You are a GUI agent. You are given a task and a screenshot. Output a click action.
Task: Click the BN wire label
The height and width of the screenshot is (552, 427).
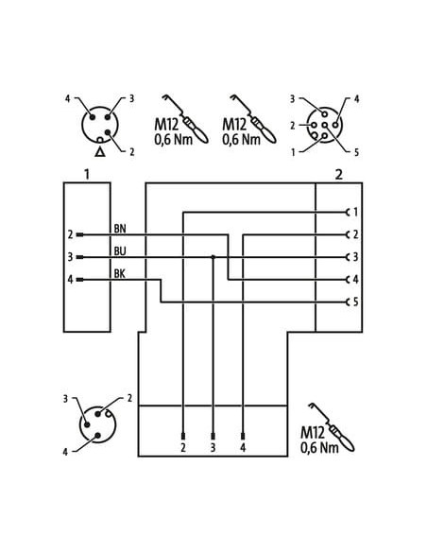[120, 229]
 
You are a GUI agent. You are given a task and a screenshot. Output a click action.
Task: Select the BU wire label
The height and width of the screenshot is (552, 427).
[120, 251]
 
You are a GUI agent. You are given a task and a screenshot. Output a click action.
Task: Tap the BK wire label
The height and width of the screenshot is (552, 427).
[120, 274]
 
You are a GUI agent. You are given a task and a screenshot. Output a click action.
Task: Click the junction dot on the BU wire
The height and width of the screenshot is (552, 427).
[213, 257]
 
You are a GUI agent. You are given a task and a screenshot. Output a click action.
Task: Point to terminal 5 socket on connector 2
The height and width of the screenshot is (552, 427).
[349, 302]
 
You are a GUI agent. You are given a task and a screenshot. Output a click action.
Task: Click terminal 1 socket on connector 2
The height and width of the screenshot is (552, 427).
[349, 212]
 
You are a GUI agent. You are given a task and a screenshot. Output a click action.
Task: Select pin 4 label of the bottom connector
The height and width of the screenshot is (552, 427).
[243, 447]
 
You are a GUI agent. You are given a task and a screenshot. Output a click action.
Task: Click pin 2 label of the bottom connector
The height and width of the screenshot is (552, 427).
[183, 447]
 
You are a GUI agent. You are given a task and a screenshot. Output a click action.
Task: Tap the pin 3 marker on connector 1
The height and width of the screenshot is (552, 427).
[80, 257]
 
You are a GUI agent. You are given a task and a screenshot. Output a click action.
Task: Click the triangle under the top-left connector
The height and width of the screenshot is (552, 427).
[100, 152]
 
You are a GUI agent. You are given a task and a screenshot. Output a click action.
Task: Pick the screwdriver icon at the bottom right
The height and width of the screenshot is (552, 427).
[332, 426]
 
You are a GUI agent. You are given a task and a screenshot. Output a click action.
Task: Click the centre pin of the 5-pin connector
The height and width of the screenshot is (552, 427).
[325, 125]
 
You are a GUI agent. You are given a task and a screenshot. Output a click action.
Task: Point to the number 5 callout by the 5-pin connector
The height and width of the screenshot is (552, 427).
[356, 152]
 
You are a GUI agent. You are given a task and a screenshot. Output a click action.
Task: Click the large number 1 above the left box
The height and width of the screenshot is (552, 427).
[87, 174]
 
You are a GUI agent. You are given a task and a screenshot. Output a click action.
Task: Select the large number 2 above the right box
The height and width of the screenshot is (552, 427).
[338, 175]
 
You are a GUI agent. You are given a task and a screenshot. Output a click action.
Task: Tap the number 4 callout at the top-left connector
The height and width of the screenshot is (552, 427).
[67, 99]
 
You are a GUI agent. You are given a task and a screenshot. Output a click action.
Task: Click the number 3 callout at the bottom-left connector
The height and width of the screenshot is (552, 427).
[65, 399]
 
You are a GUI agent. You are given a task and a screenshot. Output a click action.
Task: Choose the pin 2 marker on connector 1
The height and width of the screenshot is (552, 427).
[80, 234]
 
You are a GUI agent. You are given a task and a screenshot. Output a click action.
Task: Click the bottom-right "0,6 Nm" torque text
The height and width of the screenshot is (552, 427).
[319, 447]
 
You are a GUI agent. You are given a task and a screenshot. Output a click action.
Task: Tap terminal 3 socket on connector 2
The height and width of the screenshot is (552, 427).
[349, 257]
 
